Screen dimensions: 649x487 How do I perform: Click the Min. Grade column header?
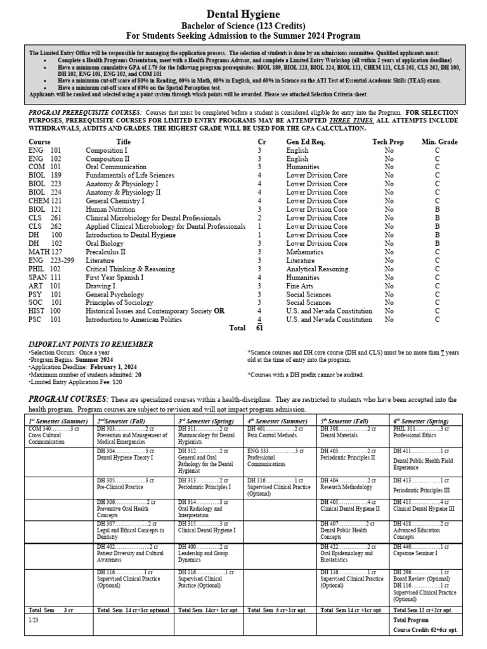[439, 142]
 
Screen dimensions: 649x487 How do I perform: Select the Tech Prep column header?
[387, 142]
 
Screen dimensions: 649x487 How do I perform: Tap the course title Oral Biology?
[107, 243]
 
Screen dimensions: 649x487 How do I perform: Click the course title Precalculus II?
[110, 252]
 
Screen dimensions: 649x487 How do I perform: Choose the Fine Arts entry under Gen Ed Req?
[301, 286]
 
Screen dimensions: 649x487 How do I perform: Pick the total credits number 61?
[259, 328]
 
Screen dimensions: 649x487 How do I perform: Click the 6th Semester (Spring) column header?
[423, 421]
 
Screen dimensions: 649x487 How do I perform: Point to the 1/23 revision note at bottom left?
[34, 620]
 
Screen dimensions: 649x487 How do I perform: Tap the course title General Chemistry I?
[115, 200]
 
